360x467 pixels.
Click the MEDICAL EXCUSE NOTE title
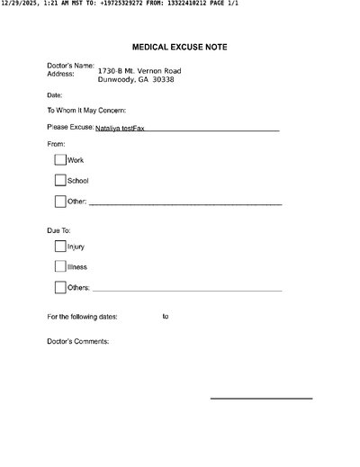[179, 46]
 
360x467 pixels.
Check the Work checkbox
[60, 159]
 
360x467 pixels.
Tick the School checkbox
[60, 180]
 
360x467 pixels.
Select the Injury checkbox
[60, 246]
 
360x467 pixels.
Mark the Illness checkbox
[60, 266]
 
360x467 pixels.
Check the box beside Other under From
[60, 202]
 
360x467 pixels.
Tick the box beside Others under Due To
[60, 288]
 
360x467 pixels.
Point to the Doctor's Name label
[70, 66]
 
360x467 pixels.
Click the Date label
[54, 94]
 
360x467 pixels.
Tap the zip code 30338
[164, 79]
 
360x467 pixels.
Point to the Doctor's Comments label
[77, 341]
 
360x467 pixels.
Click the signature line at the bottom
[261, 398]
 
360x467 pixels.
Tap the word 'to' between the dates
[166, 316]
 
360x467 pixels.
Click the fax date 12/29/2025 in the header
[19, 4]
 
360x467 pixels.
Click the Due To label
[58, 230]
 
